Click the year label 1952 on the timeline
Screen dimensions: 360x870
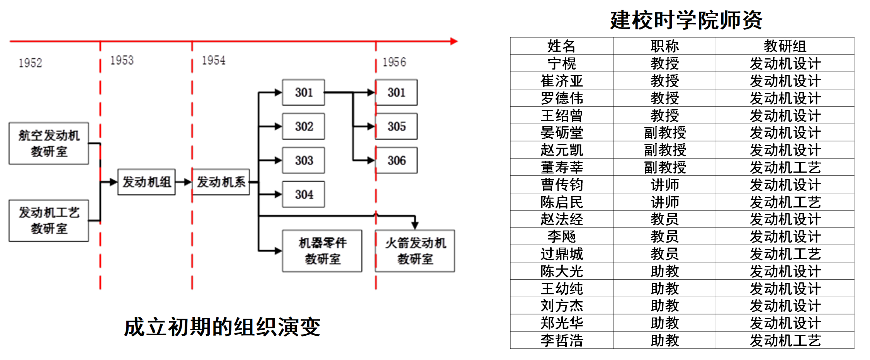point(30,63)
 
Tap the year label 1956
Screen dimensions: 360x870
point(394,62)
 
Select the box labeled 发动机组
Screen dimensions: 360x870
point(146,182)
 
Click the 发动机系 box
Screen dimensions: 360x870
point(221,182)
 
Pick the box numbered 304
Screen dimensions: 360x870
point(304,194)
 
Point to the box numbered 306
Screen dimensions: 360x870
point(396,160)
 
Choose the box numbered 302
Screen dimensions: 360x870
point(304,126)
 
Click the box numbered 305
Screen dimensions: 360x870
point(396,126)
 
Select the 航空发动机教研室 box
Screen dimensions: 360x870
point(49,143)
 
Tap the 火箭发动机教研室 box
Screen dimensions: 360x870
point(415,251)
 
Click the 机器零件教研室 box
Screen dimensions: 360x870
point(322,251)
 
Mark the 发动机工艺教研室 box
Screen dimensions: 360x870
point(49,221)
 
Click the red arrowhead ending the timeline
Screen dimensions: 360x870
point(454,41)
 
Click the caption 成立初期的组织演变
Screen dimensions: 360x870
point(222,327)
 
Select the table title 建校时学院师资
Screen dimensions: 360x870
point(686,20)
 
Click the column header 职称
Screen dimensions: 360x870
point(664,46)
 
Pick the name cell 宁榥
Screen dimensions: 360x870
point(561,63)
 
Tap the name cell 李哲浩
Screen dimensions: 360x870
point(561,340)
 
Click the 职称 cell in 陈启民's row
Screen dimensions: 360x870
point(664,202)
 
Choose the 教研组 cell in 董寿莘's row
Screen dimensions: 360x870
point(785,167)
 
